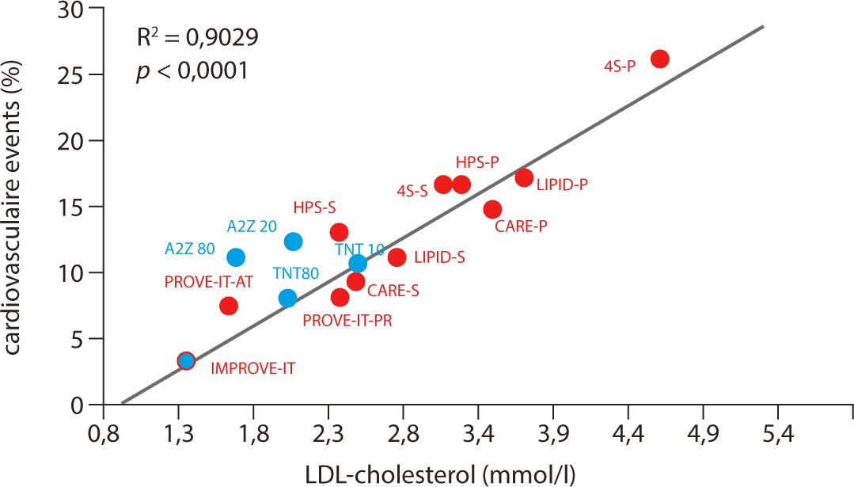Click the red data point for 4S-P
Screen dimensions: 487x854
659,59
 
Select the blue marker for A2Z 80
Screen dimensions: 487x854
235,257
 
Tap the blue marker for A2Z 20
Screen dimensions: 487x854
293,242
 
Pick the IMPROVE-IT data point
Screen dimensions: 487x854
186,361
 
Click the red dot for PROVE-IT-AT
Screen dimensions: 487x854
229,306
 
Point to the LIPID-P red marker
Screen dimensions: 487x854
524,177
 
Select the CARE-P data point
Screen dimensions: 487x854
492,210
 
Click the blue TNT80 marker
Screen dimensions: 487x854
287,299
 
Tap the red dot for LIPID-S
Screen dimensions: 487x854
397,257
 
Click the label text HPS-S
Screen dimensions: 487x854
314,207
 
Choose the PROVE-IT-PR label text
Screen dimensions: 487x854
347,321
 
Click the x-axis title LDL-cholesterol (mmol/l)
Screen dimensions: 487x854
441,473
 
